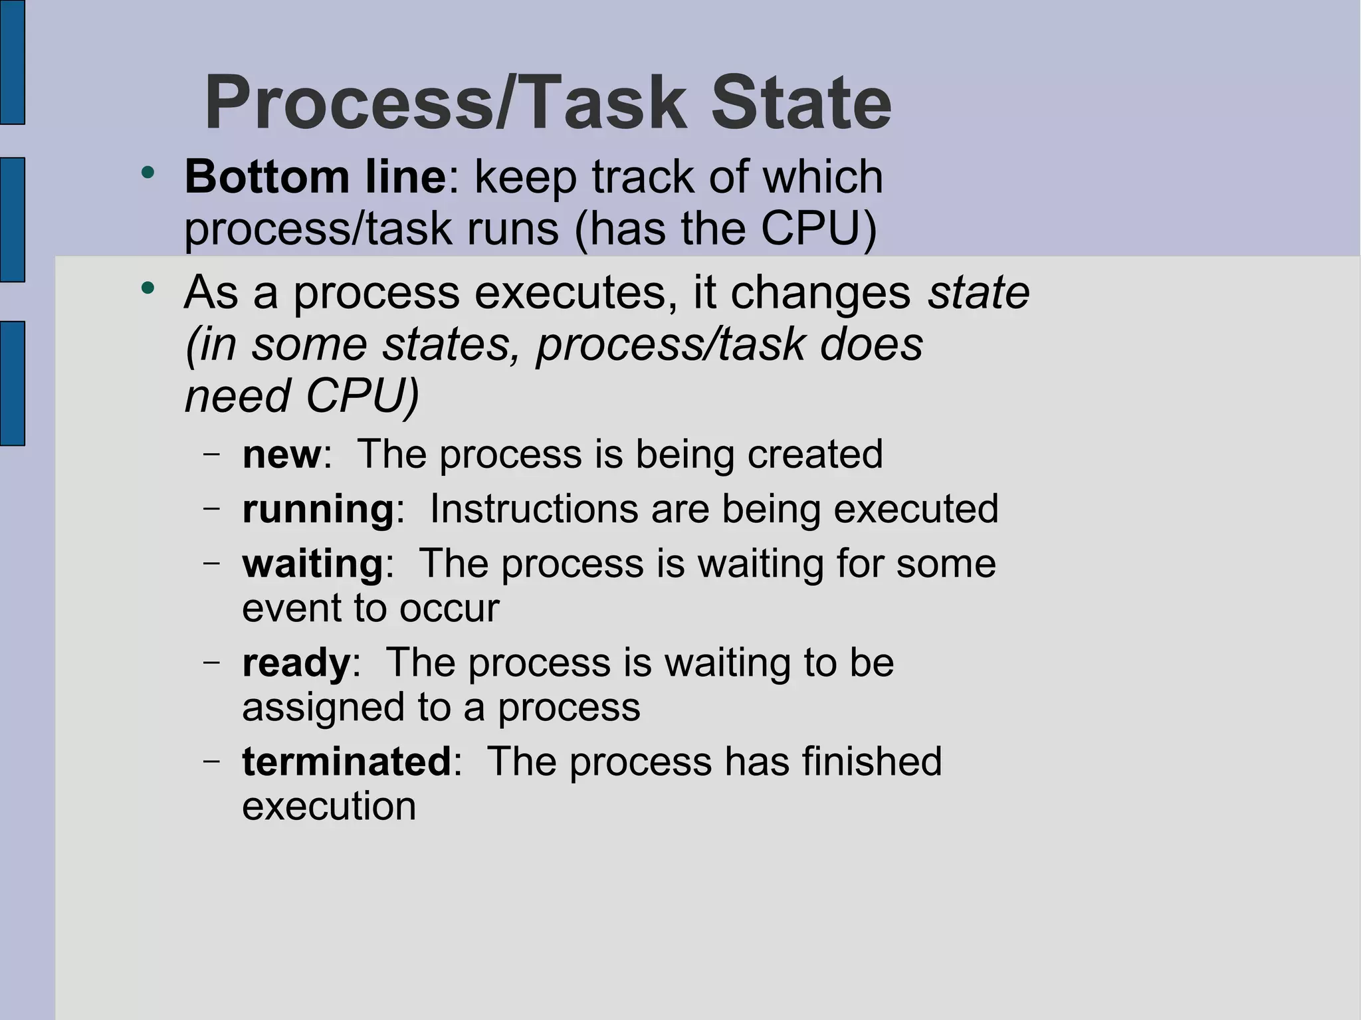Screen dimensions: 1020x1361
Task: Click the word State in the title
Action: pyautogui.click(x=801, y=104)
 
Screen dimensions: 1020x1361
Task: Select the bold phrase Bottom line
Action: pyautogui.click(x=315, y=177)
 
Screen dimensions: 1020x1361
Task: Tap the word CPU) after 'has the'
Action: pyautogui.click(x=818, y=229)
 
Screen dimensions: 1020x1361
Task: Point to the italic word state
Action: pyautogui.click(x=978, y=292)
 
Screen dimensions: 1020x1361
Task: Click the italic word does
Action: pyautogui.click(x=871, y=344)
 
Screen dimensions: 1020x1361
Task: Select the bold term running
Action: pyautogui.click(x=318, y=510)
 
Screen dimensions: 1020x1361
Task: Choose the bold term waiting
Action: pyautogui.click(x=313, y=564)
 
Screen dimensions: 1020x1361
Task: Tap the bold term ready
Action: pyautogui.click(x=296, y=663)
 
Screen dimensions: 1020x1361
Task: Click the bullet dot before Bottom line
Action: pyautogui.click(x=148, y=173)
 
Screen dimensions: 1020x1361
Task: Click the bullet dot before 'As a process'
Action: pyautogui.click(x=148, y=288)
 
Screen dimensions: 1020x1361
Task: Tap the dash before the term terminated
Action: pyautogui.click(x=212, y=760)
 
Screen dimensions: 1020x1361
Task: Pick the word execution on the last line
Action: pyautogui.click(x=329, y=807)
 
